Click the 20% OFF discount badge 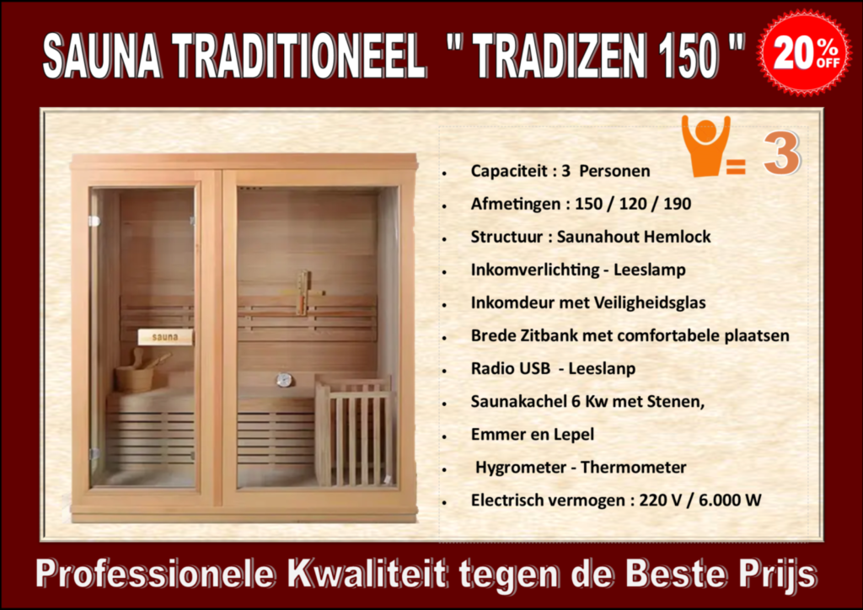(804, 53)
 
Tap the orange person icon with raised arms (705, 146)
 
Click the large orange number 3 (782, 152)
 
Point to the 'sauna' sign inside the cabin (164, 337)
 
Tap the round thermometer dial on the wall (283, 380)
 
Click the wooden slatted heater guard (356, 431)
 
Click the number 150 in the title (688, 56)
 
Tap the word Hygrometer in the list (520, 468)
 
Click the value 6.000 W (731, 500)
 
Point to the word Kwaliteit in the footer (366, 574)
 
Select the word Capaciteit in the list (509, 171)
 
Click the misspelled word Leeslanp (602, 368)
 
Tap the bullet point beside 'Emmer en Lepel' (444, 436)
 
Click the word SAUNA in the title (102, 56)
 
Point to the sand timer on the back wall (303, 292)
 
